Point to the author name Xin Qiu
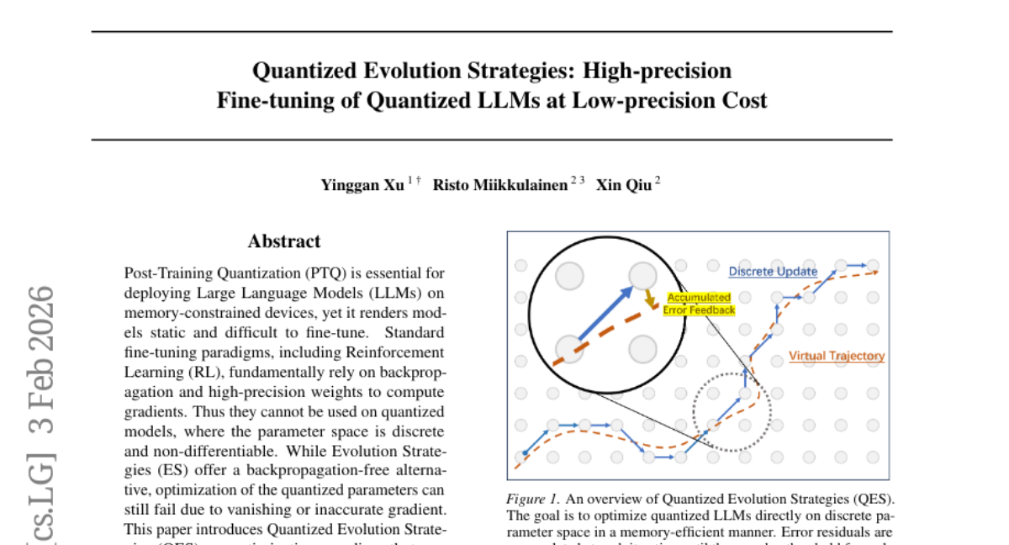(x=623, y=185)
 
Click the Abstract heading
(x=284, y=241)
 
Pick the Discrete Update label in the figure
(x=773, y=272)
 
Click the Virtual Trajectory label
(x=837, y=356)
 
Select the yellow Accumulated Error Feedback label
(x=699, y=304)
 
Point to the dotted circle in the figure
(x=732, y=412)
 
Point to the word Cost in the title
(x=742, y=101)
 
